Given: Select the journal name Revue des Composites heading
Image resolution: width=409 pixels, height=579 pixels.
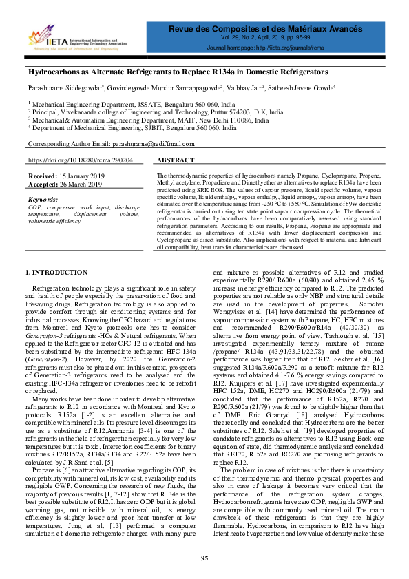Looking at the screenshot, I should [280, 30].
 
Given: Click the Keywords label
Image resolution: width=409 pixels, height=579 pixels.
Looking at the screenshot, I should [43, 199].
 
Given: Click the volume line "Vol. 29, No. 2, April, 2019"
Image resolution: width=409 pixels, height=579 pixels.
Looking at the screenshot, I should [280, 40].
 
